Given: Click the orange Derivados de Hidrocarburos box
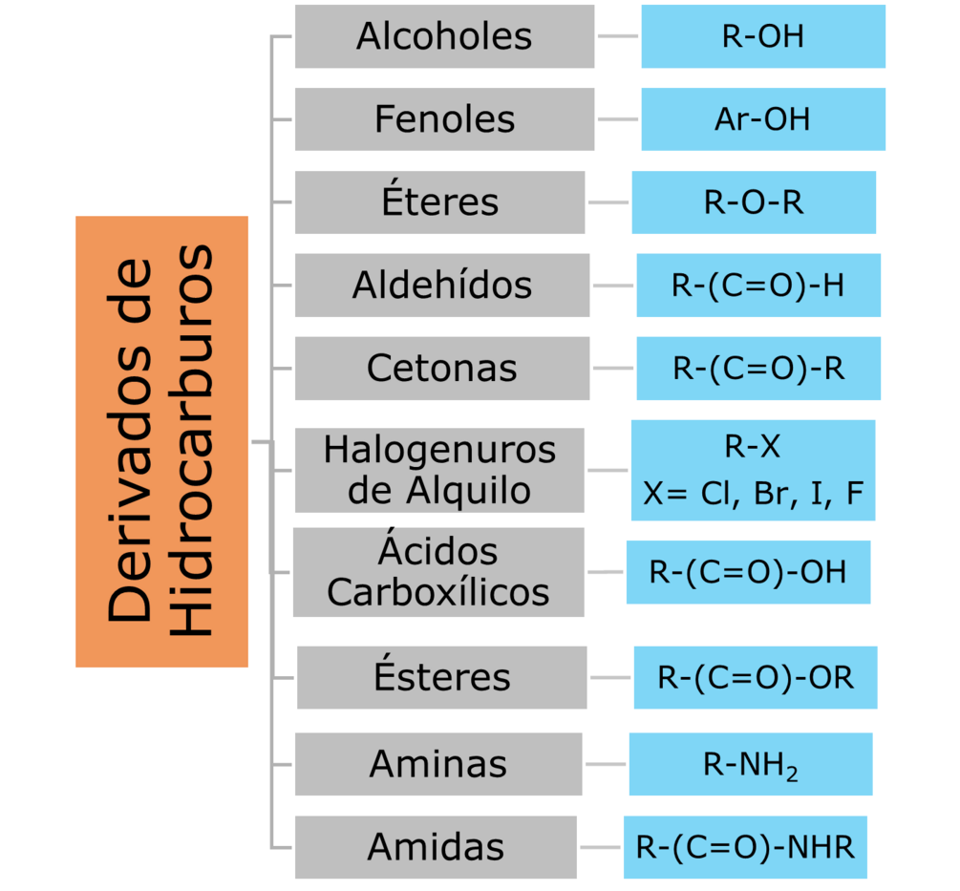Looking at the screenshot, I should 161,441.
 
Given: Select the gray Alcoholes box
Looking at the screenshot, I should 444,36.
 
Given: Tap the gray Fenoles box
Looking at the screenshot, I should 444,119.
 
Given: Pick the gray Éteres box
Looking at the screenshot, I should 439,202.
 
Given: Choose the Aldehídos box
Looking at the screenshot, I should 442,285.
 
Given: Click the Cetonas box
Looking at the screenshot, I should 442,368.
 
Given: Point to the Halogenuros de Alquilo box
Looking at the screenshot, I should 439,470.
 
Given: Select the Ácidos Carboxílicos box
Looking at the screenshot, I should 438,572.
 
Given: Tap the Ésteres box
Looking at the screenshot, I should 442,677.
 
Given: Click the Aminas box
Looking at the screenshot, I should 438,763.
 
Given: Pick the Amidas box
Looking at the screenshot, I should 436,846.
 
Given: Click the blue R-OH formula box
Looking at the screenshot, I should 763,36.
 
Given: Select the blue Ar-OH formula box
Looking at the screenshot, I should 763,119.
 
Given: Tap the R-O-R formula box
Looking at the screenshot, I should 754,202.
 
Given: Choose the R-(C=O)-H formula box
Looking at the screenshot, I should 758,285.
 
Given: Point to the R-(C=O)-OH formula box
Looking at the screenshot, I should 748,572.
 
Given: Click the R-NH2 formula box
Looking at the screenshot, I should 751,764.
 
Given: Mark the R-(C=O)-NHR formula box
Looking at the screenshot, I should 745,847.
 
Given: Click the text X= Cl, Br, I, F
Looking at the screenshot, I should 753,493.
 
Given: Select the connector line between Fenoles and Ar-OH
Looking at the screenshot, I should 618,119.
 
